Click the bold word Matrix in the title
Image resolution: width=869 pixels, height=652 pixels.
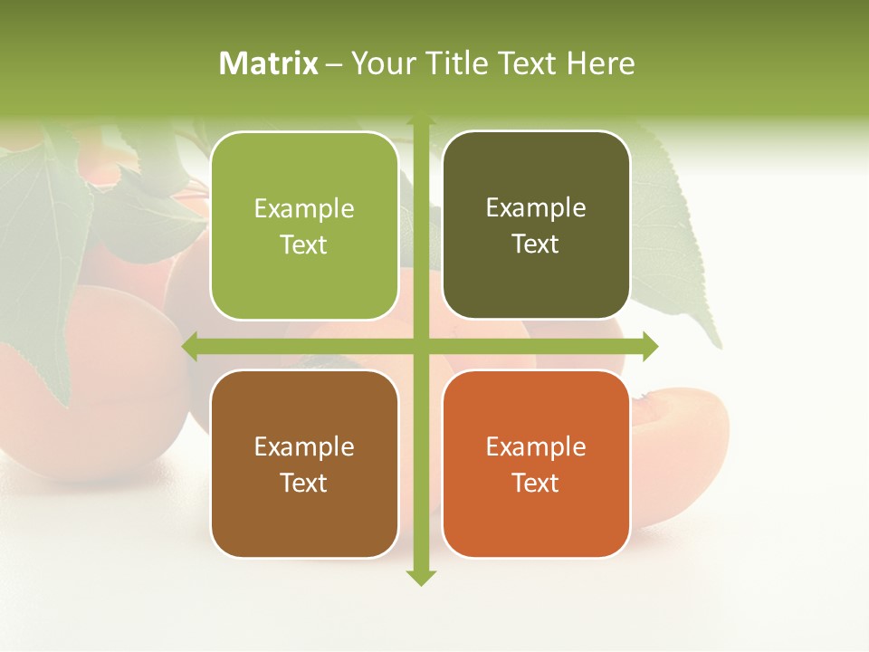click(x=269, y=63)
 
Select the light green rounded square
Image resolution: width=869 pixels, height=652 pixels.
click(x=304, y=225)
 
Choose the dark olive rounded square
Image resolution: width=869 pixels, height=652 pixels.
click(x=536, y=225)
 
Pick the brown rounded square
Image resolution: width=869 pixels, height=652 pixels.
click(x=304, y=464)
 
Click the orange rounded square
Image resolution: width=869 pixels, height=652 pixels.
click(x=536, y=464)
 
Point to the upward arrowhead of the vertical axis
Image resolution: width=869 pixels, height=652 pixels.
click(x=420, y=120)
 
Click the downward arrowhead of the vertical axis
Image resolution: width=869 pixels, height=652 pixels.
click(x=420, y=577)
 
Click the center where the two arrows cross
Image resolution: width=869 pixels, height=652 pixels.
click(x=420, y=346)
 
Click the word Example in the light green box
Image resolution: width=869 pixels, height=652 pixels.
click(x=304, y=209)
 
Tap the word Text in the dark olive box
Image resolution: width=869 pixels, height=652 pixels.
click(x=536, y=244)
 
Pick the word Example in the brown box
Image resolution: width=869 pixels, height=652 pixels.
click(x=304, y=446)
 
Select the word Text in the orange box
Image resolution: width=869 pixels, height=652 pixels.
click(x=536, y=483)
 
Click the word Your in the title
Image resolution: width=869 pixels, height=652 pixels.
click(x=380, y=63)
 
